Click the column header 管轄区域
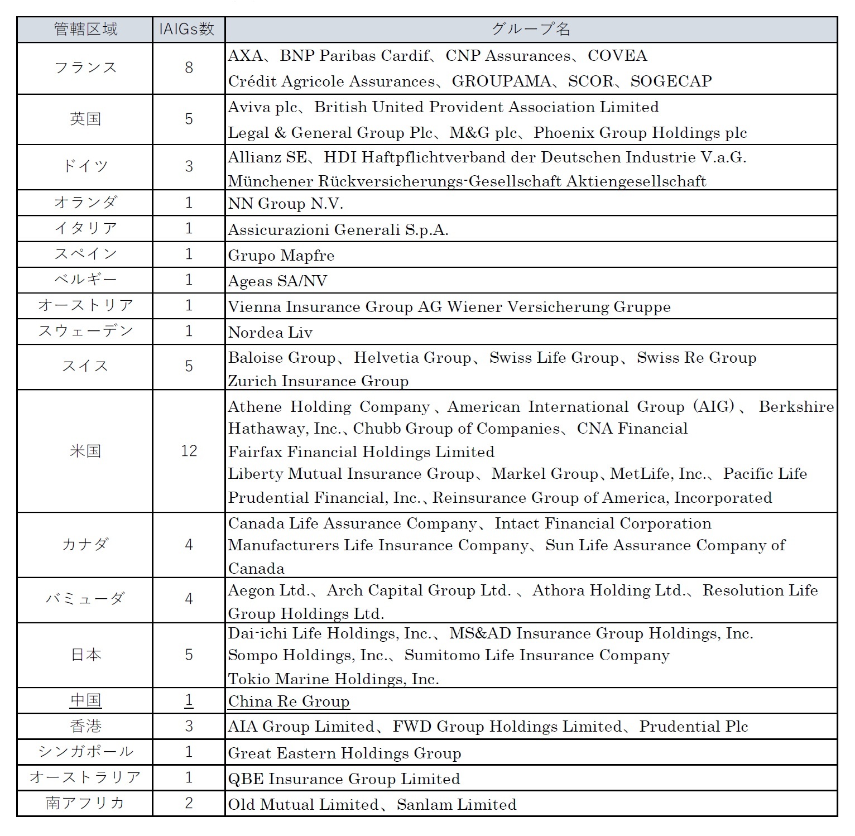pos(85,30)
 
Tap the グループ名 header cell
pos(530,30)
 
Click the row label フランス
pos(85,68)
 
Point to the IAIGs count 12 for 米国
pos(189,451)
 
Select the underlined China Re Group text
pos(289,702)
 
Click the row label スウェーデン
pos(85,331)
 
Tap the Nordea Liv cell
pos(270,333)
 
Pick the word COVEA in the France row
pos(617,56)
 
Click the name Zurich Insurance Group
pos(318,381)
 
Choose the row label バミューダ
pos(85,599)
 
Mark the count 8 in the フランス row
pos(189,68)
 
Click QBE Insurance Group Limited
pos(344,779)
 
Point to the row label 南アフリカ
pos(85,804)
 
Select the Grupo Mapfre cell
pos(281,256)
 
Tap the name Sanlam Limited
pos(457,804)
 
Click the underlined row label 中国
pos(85,701)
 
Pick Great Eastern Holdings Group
pos(344,753)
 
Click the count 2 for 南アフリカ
pos(189,804)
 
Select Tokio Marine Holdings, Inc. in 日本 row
pos(333,679)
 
